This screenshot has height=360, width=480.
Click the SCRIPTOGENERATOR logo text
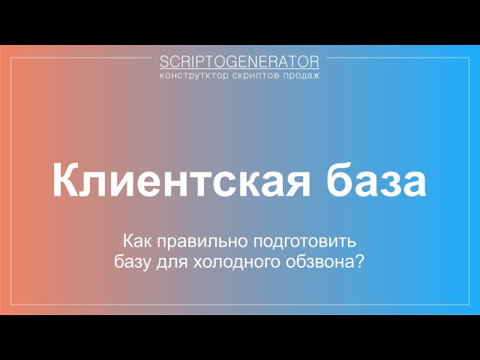pyautogui.click(x=239, y=61)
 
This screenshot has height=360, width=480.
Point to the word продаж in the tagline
pyautogui.click(x=301, y=76)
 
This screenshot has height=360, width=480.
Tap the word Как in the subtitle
pyautogui.click(x=137, y=241)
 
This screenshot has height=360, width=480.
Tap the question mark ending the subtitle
pyautogui.click(x=360, y=262)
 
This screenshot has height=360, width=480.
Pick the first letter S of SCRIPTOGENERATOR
pyautogui.click(x=164, y=61)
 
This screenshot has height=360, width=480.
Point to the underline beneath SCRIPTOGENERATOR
pyautogui.click(x=239, y=70)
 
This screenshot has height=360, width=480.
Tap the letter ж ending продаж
pyautogui.click(x=315, y=76)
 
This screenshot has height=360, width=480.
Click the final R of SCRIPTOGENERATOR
pyautogui.click(x=314, y=61)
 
